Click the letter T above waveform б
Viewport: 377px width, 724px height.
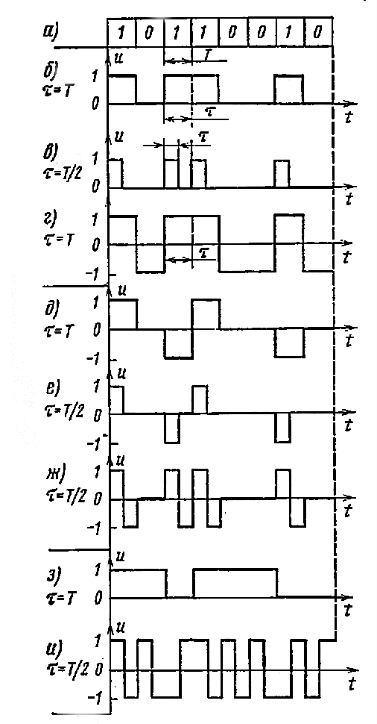pos(206,54)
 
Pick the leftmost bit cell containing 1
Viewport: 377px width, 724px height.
pos(121,34)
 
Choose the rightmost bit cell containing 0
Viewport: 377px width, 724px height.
pos(318,34)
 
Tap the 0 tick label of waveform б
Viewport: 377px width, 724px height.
pos(95,104)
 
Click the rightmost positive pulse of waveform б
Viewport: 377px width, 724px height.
pos(289,89)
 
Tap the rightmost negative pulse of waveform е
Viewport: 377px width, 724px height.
pos(282,428)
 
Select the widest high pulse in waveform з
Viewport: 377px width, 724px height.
pos(235,584)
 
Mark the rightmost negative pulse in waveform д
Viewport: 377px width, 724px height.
pos(289,343)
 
